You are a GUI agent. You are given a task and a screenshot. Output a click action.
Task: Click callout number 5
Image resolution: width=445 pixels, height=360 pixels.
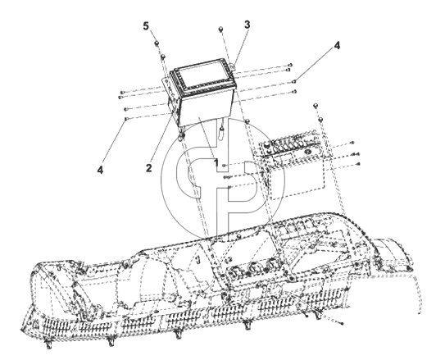(x=146, y=26)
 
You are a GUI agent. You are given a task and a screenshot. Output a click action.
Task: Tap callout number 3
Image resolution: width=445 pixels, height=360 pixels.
(x=247, y=25)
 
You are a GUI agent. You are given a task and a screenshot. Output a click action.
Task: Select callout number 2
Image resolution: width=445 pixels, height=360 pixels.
(x=148, y=168)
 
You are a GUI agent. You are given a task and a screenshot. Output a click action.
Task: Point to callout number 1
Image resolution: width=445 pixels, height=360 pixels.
(x=216, y=162)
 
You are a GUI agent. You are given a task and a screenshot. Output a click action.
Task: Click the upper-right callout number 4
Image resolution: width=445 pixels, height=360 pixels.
(x=337, y=45)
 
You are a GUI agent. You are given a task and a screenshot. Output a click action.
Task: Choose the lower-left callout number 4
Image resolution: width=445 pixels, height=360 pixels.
(x=100, y=170)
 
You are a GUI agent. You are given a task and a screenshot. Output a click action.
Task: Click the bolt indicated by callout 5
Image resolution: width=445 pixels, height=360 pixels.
(x=157, y=43)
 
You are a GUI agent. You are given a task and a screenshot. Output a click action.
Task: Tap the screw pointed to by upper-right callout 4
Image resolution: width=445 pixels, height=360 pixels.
(x=294, y=82)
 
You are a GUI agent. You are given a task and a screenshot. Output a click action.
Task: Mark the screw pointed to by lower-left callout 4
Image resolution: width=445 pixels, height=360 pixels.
(x=125, y=119)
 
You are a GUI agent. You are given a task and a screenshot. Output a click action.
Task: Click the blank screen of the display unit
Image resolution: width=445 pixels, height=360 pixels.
(x=202, y=75)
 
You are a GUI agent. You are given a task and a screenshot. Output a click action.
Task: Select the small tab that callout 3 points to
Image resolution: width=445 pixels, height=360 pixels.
(x=233, y=66)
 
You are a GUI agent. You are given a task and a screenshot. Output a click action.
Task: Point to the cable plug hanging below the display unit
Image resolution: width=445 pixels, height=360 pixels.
(x=221, y=133)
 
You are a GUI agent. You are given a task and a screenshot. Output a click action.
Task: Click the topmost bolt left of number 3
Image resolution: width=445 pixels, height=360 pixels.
(x=220, y=29)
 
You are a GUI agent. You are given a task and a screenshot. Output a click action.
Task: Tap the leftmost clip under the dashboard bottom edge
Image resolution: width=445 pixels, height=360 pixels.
(x=49, y=343)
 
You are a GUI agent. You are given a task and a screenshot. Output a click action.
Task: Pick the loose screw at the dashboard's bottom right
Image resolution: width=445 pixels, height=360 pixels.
(x=342, y=323)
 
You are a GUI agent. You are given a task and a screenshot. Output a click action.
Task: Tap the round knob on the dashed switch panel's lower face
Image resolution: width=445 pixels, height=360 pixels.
(x=307, y=152)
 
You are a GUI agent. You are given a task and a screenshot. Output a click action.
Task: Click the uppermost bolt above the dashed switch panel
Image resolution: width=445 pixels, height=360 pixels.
(x=315, y=106)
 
